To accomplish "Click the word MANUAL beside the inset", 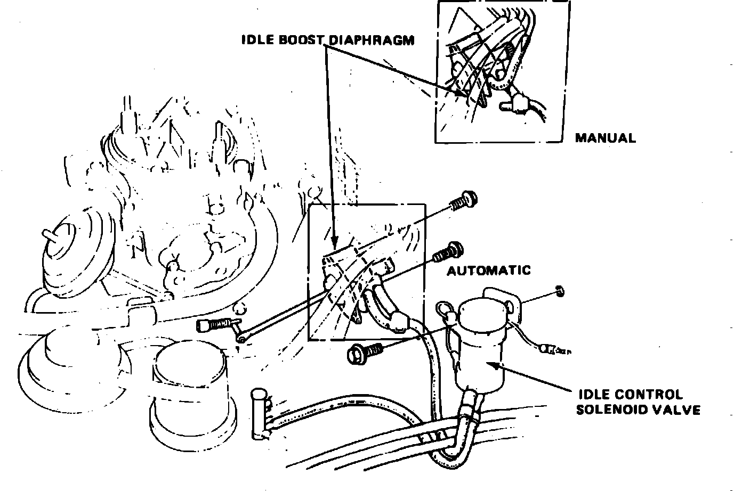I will tap(605, 138).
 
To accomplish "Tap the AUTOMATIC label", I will tap(489, 270).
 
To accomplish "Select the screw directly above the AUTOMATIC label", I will tap(448, 251).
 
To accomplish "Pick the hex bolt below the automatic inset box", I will tap(362, 352).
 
